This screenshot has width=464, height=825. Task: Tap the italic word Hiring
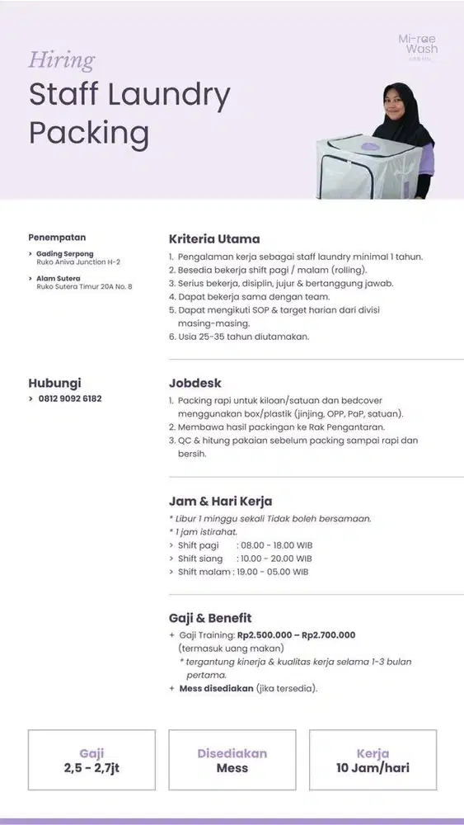61,60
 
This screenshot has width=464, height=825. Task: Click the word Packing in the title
89,132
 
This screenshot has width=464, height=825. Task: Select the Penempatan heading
57,238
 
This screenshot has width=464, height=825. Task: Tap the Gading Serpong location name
65,253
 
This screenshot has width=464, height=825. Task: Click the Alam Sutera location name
59,278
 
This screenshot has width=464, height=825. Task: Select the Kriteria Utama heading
213,239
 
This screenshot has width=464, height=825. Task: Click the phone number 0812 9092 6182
70,398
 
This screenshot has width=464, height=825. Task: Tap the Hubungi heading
55,383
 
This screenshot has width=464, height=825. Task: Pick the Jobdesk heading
195,384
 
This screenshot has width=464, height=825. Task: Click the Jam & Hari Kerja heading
220,501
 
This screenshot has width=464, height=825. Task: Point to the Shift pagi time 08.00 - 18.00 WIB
274,545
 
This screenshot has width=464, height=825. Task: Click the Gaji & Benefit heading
210,618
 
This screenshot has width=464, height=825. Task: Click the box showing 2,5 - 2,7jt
91,760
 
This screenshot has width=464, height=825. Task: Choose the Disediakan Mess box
232,760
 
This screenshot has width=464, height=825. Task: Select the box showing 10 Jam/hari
373,760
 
